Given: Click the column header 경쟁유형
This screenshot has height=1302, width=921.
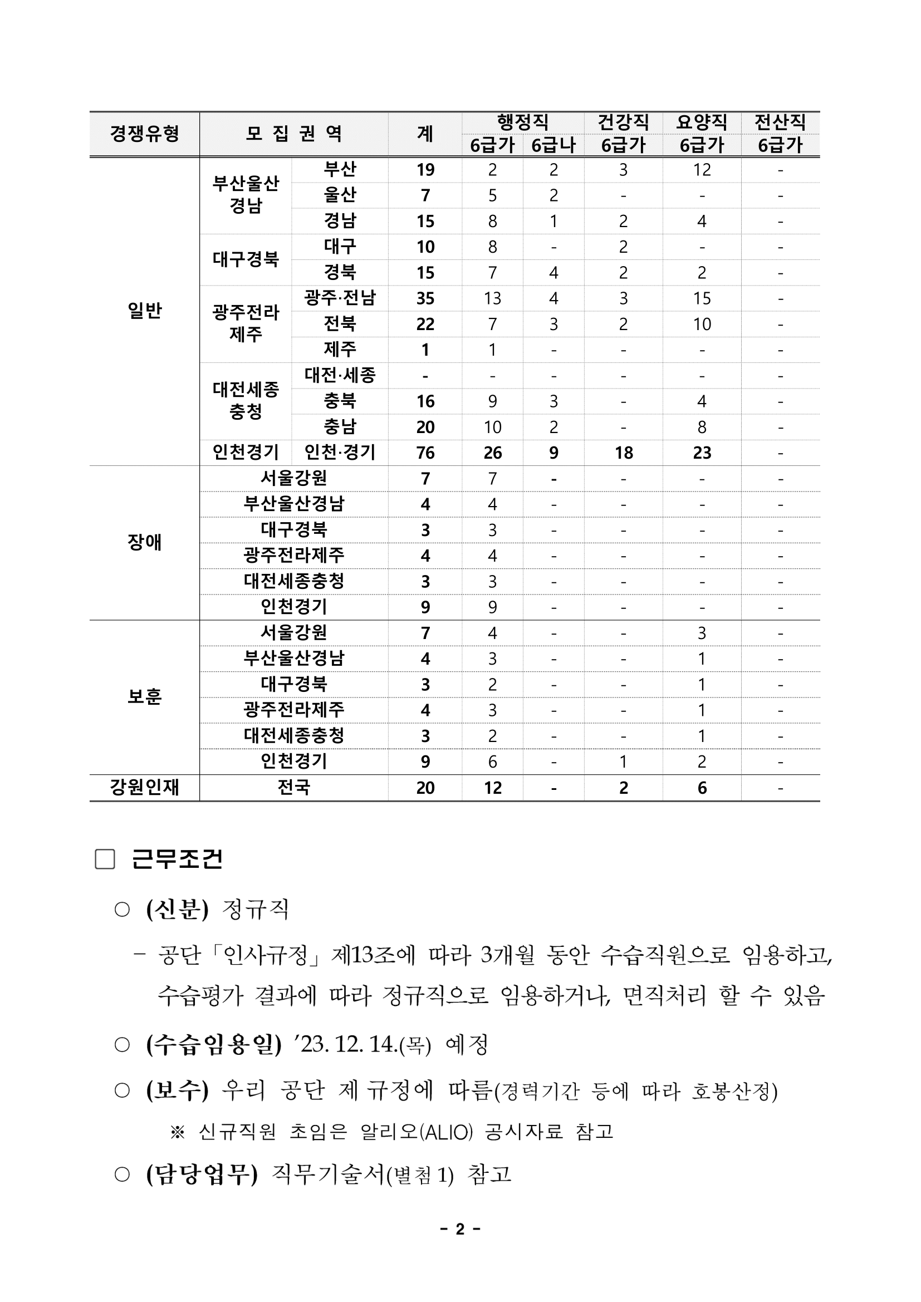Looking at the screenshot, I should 145,134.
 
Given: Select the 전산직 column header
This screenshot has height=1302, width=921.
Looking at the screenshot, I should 780,122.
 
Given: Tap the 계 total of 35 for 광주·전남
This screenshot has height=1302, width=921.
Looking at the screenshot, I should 425,298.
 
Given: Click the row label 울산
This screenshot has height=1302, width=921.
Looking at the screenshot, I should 340,195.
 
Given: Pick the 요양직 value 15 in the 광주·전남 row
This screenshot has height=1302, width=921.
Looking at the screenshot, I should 702,298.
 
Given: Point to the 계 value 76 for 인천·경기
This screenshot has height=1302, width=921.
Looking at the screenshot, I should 425,453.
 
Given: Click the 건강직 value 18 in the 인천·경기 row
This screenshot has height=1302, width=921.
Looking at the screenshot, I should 623,453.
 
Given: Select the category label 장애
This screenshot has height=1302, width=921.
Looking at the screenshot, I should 145,543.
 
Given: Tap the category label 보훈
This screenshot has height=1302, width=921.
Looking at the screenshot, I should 145,697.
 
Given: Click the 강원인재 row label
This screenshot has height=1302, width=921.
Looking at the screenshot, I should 145,788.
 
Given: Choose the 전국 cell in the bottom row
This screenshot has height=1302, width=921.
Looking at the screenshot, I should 294,788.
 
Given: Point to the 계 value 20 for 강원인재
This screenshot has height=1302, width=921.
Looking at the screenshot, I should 425,788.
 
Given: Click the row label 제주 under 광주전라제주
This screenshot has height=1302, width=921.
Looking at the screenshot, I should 340,350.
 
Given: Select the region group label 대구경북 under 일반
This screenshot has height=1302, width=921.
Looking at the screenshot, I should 246,260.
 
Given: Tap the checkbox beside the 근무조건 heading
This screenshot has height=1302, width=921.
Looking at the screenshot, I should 105,859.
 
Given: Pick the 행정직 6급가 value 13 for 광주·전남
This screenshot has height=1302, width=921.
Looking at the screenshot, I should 492,298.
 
